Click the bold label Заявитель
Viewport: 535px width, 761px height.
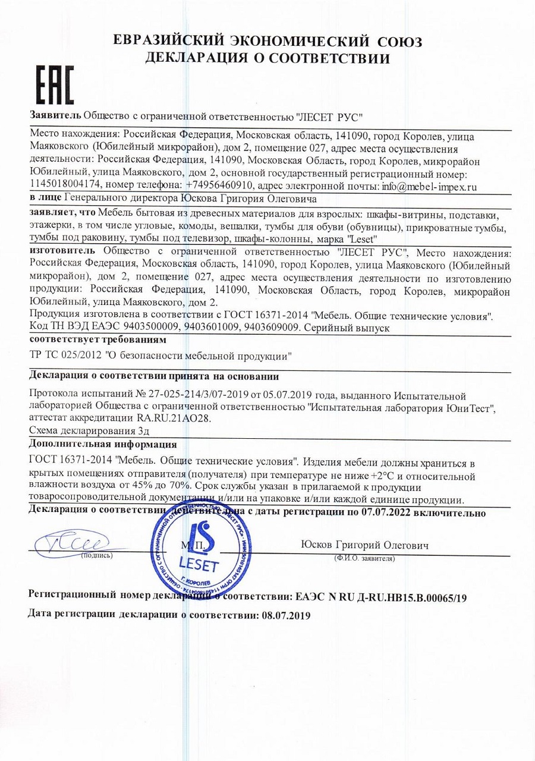coord(55,114)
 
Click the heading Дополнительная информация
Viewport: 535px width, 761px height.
coord(102,444)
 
